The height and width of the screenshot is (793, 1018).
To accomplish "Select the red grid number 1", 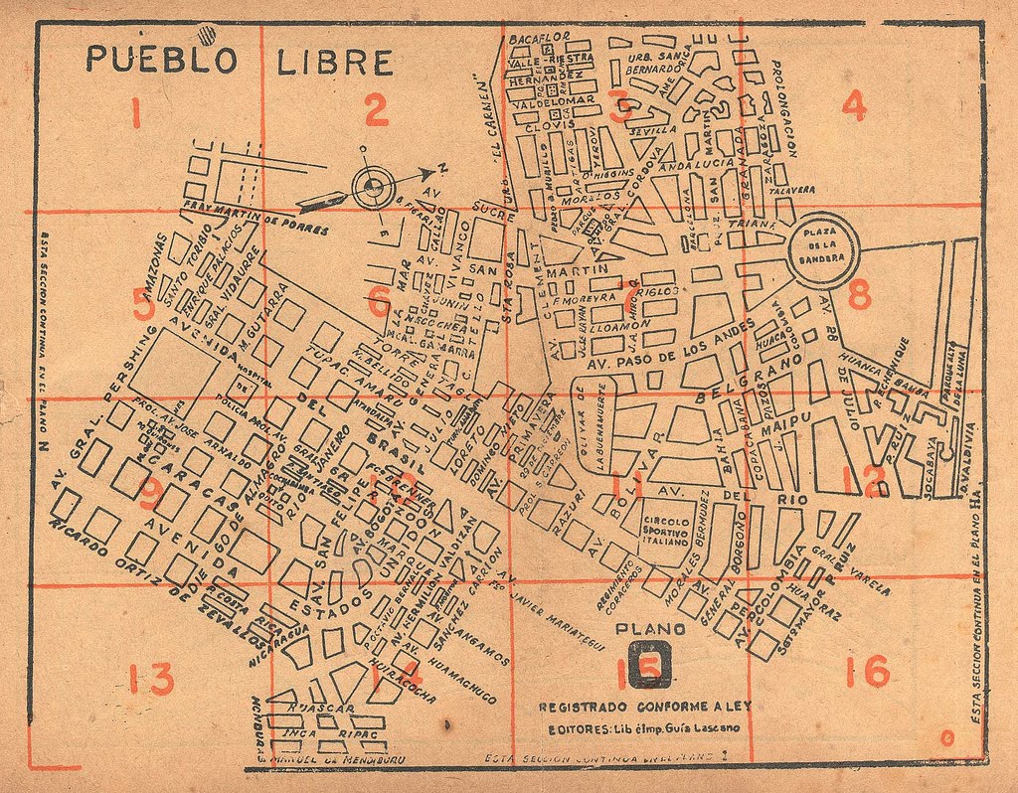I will coord(135,114).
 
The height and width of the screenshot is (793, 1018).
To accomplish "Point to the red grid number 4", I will coord(853,105).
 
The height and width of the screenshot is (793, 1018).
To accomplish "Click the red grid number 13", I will coord(151,679).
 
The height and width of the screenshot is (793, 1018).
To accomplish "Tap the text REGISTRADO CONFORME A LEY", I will coord(645,708).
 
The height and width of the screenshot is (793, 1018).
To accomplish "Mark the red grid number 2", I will coord(375,110).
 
